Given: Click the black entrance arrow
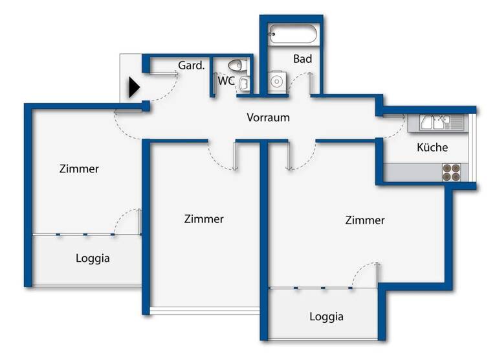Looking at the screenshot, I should pyautogui.click(x=134, y=87).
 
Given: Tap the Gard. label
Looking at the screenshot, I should pyautogui.click(x=191, y=65).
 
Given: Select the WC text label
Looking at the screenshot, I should pyautogui.click(x=226, y=82).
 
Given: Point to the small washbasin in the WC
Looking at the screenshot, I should pyautogui.click(x=245, y=84).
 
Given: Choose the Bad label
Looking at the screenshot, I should pyautogui.click(x=302, y=59).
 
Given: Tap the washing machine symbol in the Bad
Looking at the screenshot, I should pyautogui.click(x=278, y=82).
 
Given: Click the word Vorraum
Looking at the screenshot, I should pyautogui.click(x=268, y=118).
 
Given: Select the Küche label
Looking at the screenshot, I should pyautogui.click(x=432, y=147).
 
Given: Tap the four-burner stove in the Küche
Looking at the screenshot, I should pyautogui.click(x=452, y=171).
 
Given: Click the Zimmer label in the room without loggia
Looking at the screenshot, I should pyautogui.click(x=204, y=219).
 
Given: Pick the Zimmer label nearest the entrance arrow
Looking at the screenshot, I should pyautogui.click(x=79, y=169).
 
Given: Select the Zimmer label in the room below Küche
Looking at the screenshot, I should pyautogui.click(x=365, y=220).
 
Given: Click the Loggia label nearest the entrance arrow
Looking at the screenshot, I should pyautogui.click(x=93, y=258).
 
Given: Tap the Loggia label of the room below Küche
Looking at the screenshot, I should pyautogui.click(x=326, y=317).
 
